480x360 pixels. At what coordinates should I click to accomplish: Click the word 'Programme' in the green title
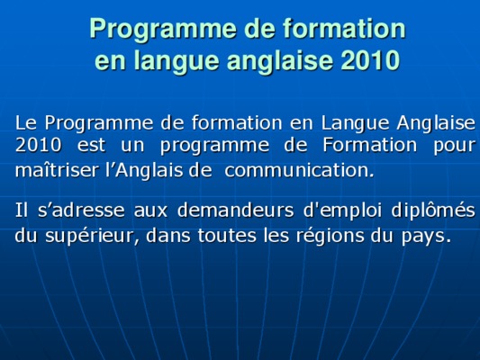163,30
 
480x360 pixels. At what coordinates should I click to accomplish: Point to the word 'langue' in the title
177,61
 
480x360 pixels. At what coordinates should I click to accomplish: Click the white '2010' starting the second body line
38,145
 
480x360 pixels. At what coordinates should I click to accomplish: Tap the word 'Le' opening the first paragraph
26,122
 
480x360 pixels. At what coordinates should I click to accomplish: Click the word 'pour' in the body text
454,146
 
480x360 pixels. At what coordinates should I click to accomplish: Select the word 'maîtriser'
57,169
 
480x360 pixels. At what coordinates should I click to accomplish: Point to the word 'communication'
299,170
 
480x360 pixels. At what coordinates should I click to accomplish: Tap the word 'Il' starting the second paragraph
22,210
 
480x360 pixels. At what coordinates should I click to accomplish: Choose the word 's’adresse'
81,210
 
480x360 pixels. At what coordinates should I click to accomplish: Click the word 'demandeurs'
235,210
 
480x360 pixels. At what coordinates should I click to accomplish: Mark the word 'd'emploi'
342,211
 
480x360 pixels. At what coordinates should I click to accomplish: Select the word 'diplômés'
433,211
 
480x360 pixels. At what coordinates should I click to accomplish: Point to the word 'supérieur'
93,236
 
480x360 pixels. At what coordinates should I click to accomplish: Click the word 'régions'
330,236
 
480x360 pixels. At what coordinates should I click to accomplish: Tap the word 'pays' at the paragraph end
422,237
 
